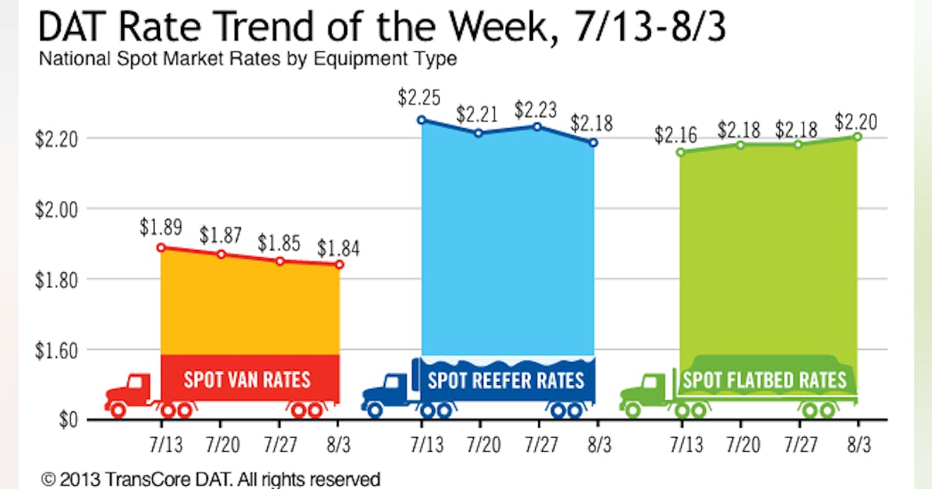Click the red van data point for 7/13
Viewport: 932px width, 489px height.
[161, 248]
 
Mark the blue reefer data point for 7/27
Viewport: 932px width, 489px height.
[537, 126]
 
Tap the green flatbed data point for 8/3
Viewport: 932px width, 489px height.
[857, 137]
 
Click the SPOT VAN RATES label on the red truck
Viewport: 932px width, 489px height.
[247, 380]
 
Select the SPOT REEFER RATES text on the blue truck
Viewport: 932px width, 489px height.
[506, 380]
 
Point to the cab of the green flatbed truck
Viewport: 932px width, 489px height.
[653, 386]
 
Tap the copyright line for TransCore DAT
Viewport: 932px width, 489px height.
[210, 478]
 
